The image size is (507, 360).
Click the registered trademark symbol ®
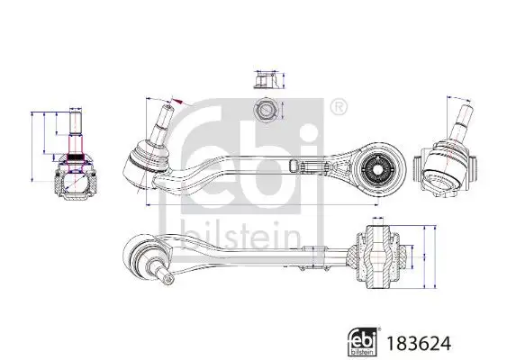click(338, 109)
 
